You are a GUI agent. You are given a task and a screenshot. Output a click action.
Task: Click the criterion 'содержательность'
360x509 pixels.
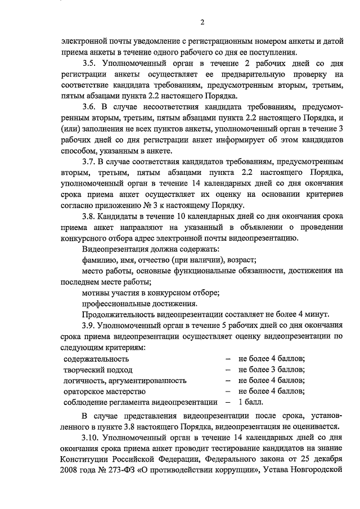pos(96,358)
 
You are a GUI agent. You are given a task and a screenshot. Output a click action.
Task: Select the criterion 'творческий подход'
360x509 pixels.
pos(98,370)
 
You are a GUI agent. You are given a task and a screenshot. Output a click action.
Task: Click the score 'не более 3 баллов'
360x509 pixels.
pos(272,370)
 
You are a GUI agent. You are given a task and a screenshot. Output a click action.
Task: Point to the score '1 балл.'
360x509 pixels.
pos(251,402)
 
